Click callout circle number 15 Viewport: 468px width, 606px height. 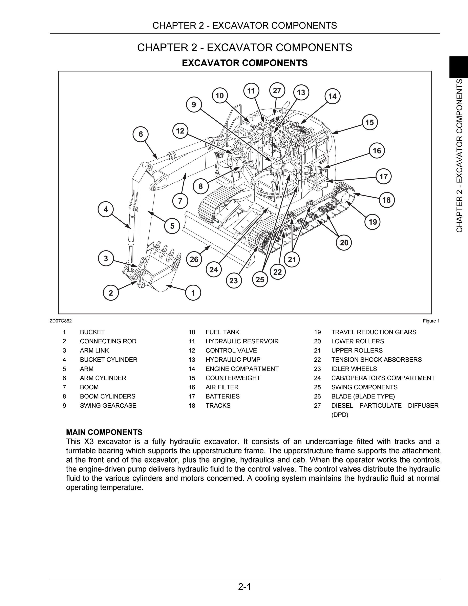(x=370, y=122)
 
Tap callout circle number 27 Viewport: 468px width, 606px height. (x=277, y=90)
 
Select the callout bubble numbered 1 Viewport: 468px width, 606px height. (x=193, y=293)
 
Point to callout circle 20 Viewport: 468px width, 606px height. (x=344, y=243)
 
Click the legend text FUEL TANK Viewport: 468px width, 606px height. (x=222, y=332)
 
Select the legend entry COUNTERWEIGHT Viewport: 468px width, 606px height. (x=233, y=378)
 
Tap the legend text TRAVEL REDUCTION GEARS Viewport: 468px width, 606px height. (x=374, y=332)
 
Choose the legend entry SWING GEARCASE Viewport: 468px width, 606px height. (x=108, y=405)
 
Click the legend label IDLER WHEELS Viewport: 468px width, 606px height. (x=354, y=369)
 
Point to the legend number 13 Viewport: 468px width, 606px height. (x=192, y=360)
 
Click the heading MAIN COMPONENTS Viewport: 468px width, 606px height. (x=104, y=432)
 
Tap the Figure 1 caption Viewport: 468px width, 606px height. (x=431, y=321)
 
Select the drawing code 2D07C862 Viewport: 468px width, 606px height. (x=61, y=321)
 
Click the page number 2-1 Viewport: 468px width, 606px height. (x=244, y=587)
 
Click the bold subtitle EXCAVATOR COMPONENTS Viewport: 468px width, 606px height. (x=245, y=63)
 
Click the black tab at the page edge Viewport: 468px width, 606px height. (x=459, y=67)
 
